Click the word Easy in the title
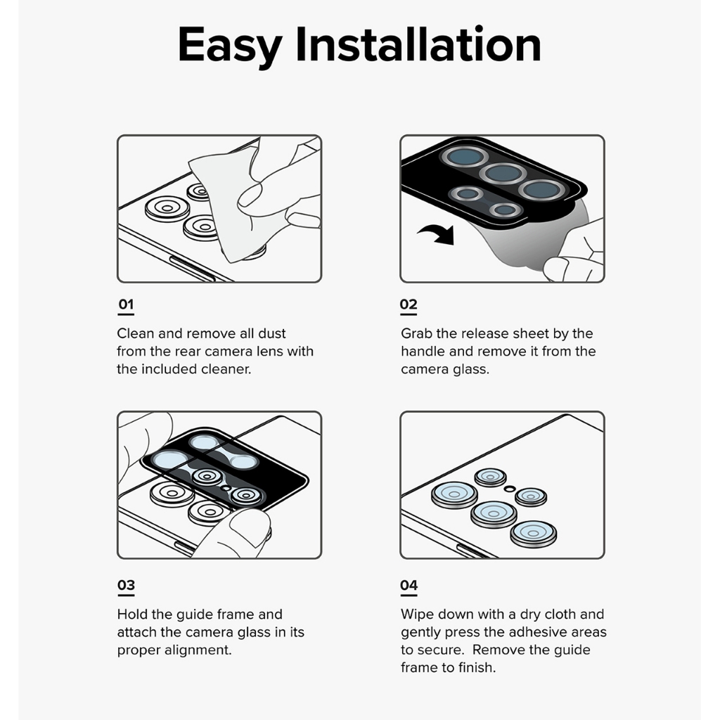click(230, 46)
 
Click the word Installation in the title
click(418, 44)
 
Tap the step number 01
click(126, 304)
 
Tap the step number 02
click(409, 304)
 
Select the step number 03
click(126, 585)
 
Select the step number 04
click(409, 585)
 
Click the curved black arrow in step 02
click(437, 233)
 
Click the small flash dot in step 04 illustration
click(510, 489)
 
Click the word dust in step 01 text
click(272, 333)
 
